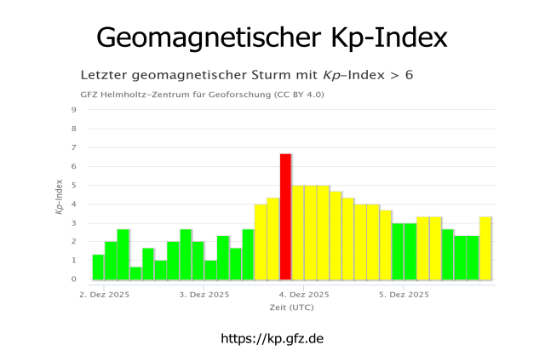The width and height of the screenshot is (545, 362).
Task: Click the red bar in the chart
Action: tap(285, 216)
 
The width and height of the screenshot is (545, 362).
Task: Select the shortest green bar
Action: tap(135, 273)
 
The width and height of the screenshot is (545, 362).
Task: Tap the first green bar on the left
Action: tap(98, 267)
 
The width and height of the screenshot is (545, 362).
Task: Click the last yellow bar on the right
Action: tap(485, 248)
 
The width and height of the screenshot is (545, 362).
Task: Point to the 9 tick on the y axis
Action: tap(74, 110)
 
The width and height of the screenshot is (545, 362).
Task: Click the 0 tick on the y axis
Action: tap(74, 279)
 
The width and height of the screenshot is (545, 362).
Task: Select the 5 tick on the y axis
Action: tap(74, 185)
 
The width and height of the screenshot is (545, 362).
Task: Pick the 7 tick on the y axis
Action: tap(74, 147)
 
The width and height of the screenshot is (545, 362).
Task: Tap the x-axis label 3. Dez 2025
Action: tap(204, 295)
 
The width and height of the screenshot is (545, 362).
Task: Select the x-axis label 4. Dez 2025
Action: tap(303, 295)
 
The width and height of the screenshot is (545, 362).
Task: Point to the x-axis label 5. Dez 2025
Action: tap(403, 295)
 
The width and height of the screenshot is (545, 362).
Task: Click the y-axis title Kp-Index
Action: tap(60, 196)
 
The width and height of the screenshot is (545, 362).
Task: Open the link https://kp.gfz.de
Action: tap(272, 338)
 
